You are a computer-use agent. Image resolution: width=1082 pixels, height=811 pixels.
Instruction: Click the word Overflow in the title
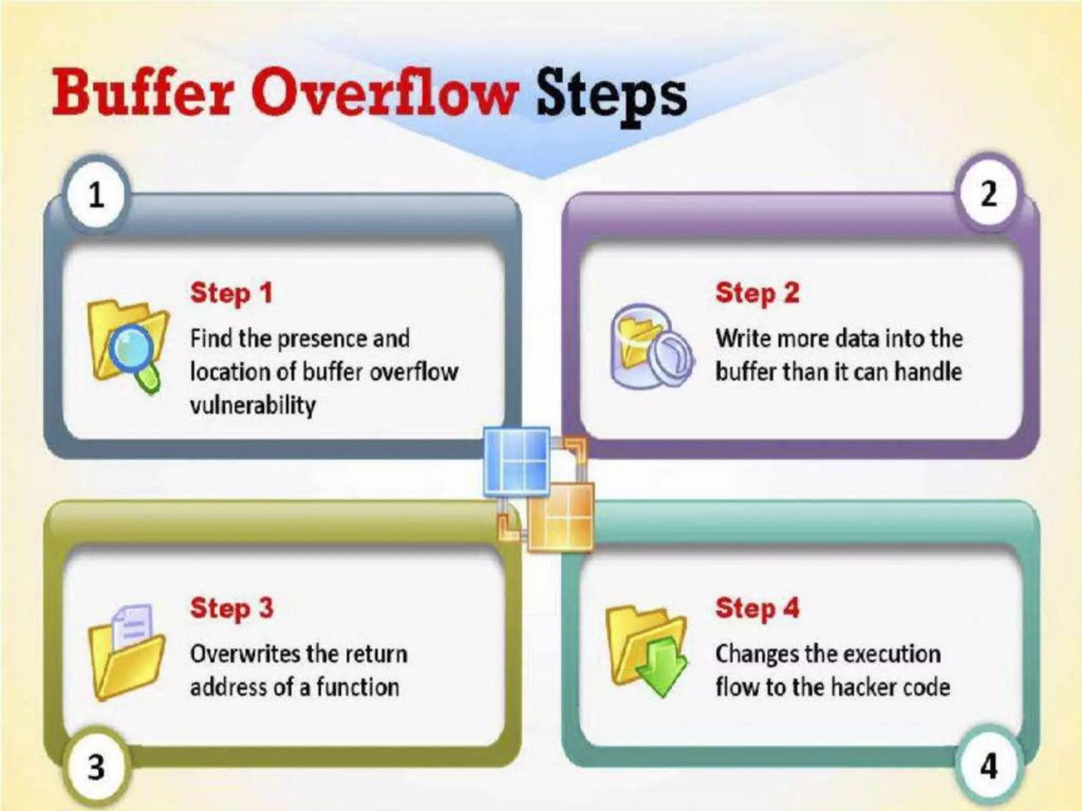tap(384, 94)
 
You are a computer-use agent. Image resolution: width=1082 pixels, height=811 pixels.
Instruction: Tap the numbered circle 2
tap(988, 193)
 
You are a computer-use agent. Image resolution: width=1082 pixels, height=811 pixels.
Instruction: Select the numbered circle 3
tap(96, 766)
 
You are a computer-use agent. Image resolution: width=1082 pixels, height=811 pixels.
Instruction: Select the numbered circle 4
tap(988, 766)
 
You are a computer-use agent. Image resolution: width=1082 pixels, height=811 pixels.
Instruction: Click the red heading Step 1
tap(231, 293)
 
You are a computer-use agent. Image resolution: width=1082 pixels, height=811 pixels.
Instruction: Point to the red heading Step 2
tap(757, 293)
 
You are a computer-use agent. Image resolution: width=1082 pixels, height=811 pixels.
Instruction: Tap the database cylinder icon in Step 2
tap(649, 346)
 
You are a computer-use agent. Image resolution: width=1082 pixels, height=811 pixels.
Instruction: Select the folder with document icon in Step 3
tap(126, 652)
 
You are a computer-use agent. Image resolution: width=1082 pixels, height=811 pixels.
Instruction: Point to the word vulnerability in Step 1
tap(253, 405)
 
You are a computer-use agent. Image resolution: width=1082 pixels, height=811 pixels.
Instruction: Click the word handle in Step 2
tap(928, 372)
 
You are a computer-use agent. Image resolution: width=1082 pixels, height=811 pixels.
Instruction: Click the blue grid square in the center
tap(517, 461)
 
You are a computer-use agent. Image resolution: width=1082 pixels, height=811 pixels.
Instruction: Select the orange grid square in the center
tap(562, 517)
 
